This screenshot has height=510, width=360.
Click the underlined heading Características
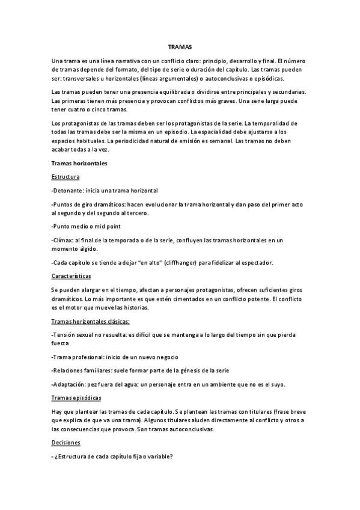click(72, 275)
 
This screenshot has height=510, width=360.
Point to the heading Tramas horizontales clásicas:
click(91, 321)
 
